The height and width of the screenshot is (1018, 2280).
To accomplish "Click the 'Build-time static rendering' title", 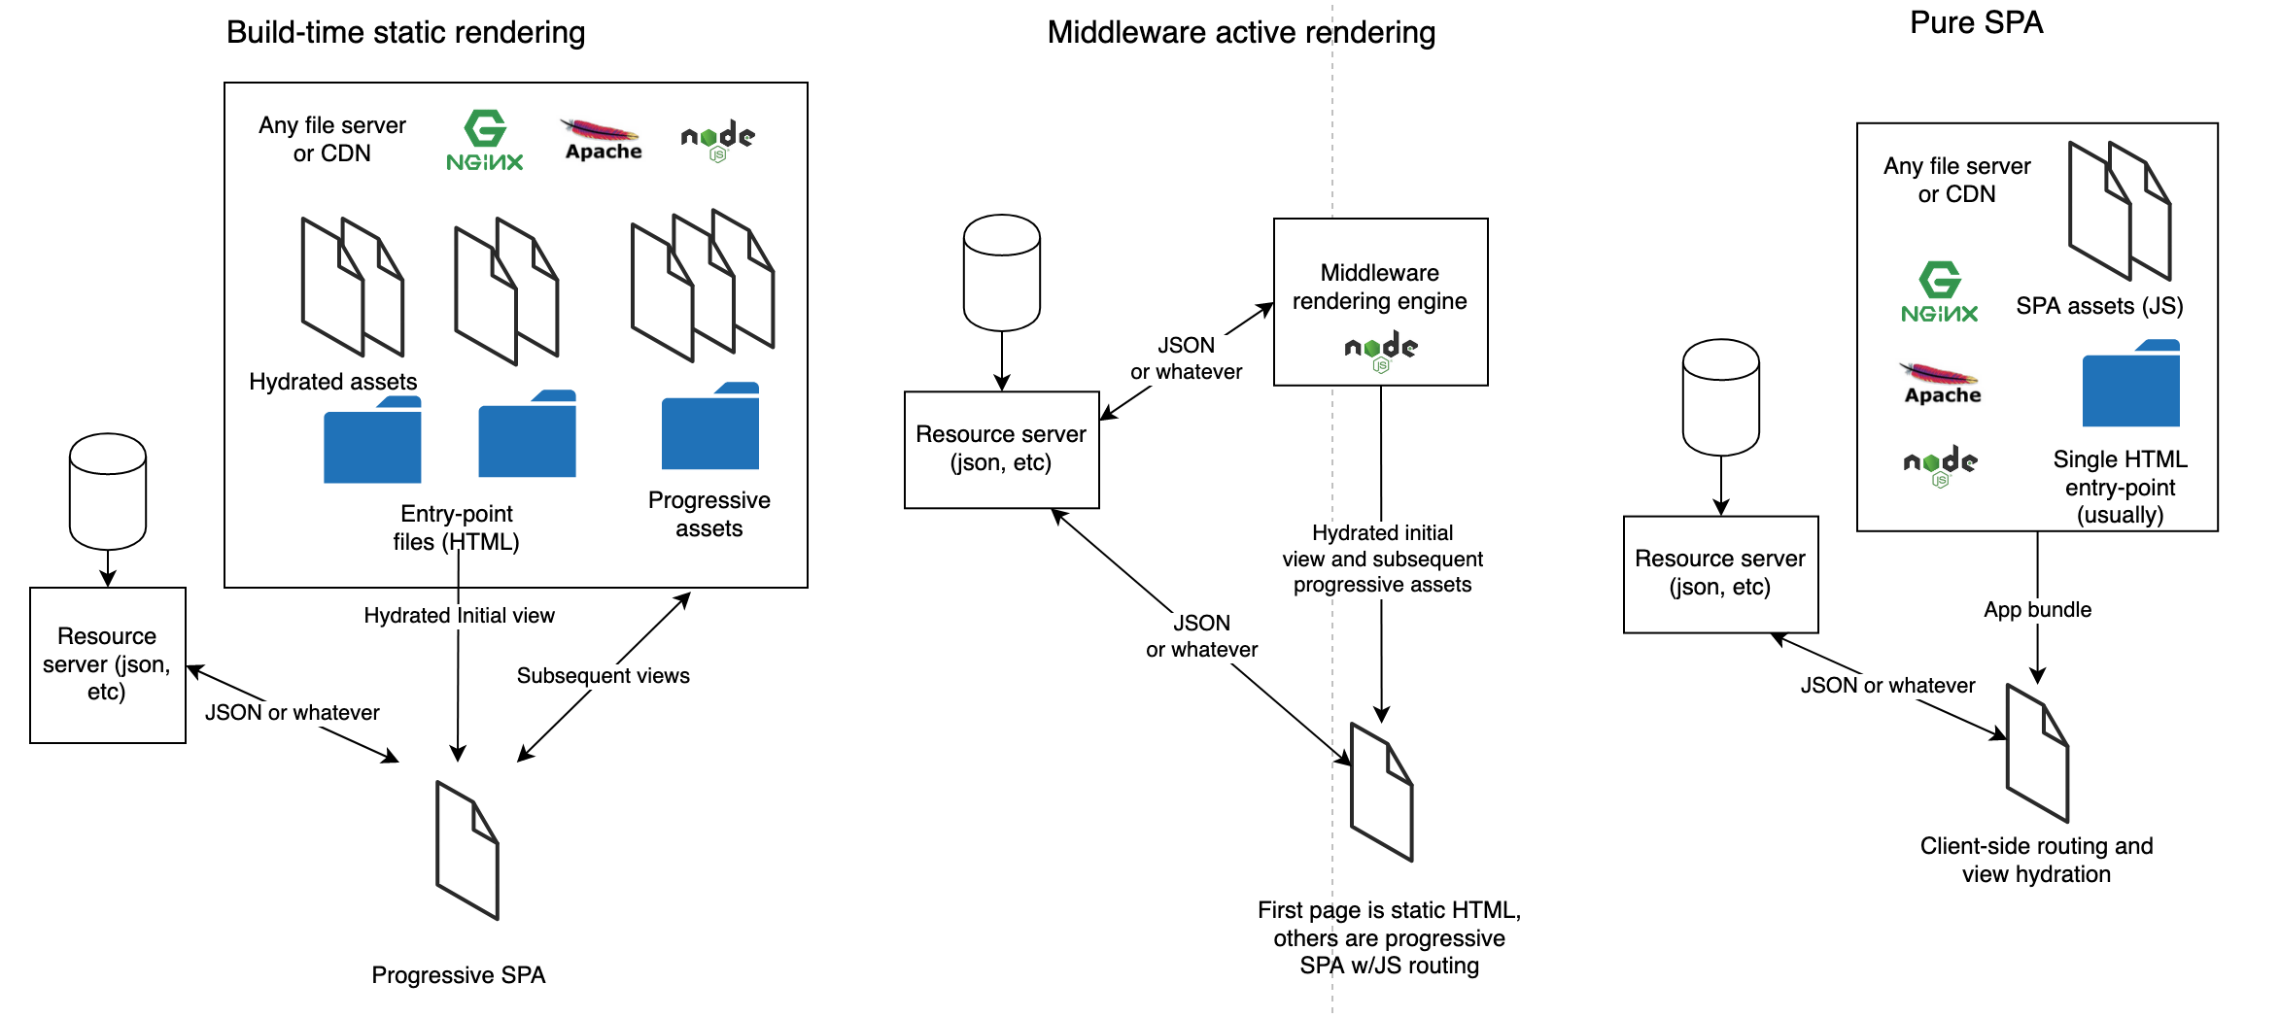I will coord(405,33).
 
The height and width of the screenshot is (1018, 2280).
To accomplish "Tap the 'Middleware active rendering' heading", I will coord(1240,33).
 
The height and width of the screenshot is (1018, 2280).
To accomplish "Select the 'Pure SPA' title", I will coord(1976,23).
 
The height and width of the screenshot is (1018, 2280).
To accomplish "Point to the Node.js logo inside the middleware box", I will coord(1381,351).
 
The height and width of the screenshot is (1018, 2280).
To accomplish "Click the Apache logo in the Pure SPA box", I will coord(1942,384).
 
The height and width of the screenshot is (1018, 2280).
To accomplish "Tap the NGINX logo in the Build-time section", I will coord(485,142).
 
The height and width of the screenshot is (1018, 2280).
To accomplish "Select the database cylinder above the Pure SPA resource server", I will coord(1720,396).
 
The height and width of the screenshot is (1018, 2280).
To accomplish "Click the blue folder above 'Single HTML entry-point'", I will coord(2130,385).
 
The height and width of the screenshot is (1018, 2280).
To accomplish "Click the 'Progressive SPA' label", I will coord(458,975).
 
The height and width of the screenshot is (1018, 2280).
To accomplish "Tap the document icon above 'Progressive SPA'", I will coord(467,850).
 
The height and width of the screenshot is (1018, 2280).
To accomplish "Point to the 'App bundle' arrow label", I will coord(2037,610).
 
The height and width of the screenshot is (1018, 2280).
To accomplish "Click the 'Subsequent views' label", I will coord(603,676).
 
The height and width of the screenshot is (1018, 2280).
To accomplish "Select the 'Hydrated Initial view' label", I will coord(459,616).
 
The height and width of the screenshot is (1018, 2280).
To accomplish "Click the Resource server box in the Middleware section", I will coord(1001,449).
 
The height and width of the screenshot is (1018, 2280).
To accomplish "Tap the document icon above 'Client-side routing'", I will coord(2037,753).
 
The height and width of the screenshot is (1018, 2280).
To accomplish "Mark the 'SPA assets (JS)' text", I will coord(2099,307).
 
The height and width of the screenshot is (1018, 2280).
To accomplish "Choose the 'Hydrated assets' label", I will coord(332,382).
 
